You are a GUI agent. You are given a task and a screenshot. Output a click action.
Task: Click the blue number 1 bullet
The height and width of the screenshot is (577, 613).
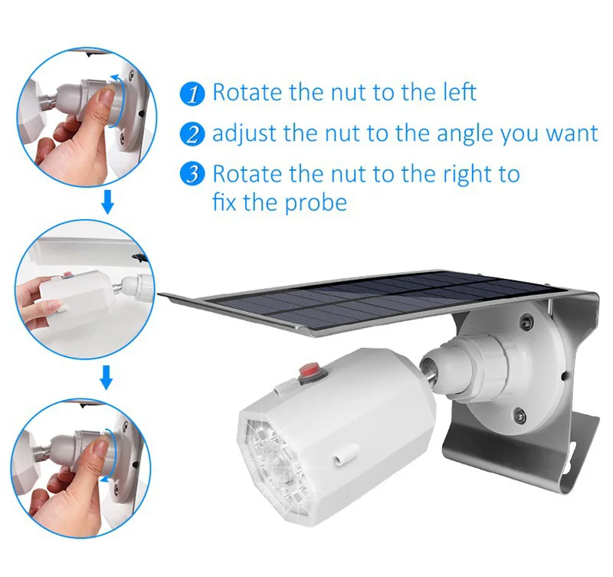click(192, 94)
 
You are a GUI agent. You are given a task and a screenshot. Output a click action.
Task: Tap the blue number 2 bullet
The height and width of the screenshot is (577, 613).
click(192, 135)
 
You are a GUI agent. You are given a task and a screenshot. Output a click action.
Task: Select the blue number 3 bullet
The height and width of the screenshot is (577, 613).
click(192, 175)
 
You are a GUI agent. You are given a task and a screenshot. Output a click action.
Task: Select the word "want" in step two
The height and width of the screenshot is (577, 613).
click(571, 135)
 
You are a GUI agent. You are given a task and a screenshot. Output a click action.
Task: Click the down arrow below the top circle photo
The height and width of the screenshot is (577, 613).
click(108, 203)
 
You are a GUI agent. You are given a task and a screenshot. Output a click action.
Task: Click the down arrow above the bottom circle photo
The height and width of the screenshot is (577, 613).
click(108, 376)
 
